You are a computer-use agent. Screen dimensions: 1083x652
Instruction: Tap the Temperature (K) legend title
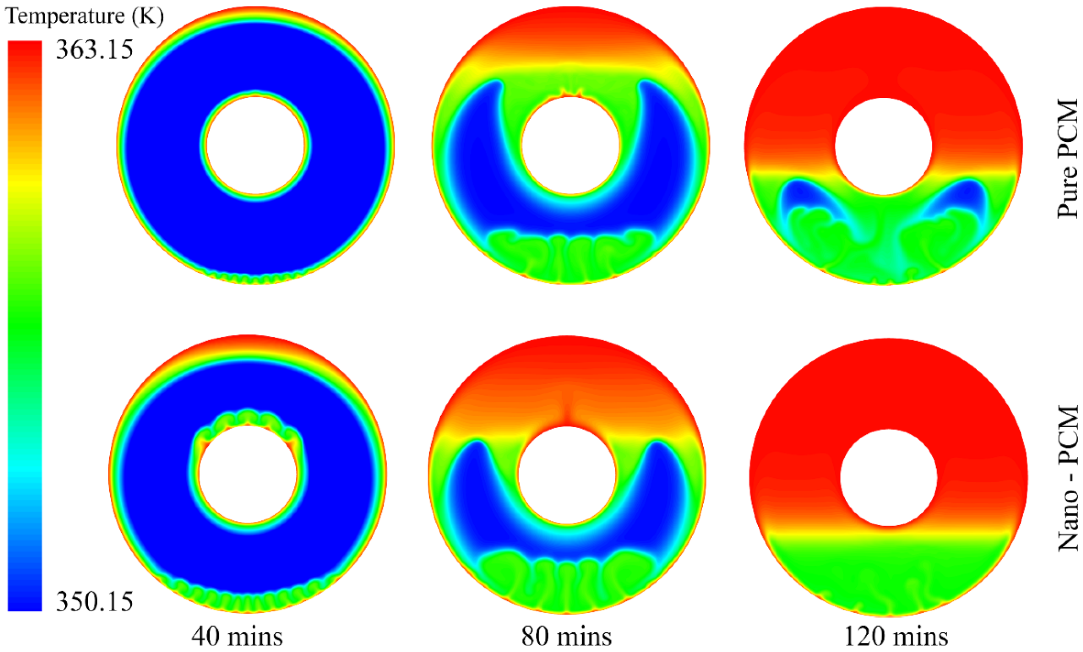coord(85,17)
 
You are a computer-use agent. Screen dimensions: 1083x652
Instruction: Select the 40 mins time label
coord(237,636)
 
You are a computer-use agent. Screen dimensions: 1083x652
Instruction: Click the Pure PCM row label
coord(1068,158)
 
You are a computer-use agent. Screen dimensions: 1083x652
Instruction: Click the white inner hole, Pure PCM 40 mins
coord(256,145)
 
